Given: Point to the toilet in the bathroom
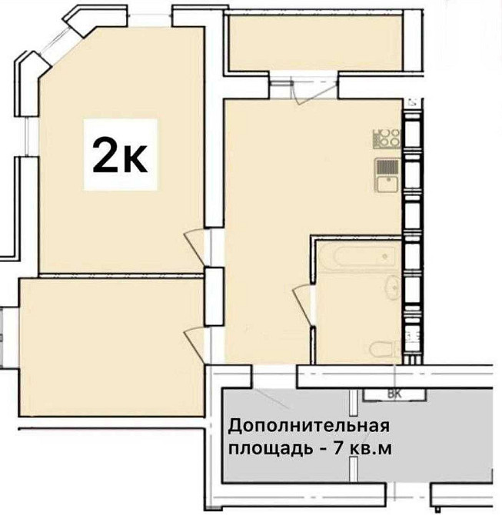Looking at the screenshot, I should (381, 350).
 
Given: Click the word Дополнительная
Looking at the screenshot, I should (309, 425).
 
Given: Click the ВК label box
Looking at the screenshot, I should (394, 394).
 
